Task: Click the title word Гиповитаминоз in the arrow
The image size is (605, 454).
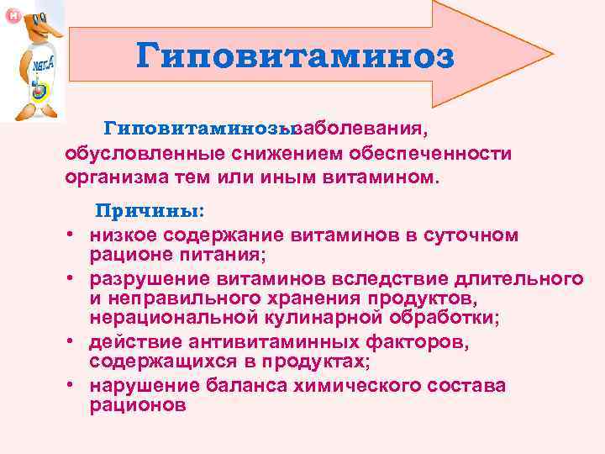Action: [x=295, y=56]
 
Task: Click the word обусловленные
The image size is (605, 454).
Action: [x=127, y=154]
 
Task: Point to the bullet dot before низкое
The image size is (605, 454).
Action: [x=73, y=236]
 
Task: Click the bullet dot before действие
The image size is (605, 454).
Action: [x=73, y=343]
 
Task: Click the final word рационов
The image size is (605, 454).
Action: [x=137, y=404]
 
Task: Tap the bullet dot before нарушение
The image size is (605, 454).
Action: [x=73, y=386]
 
